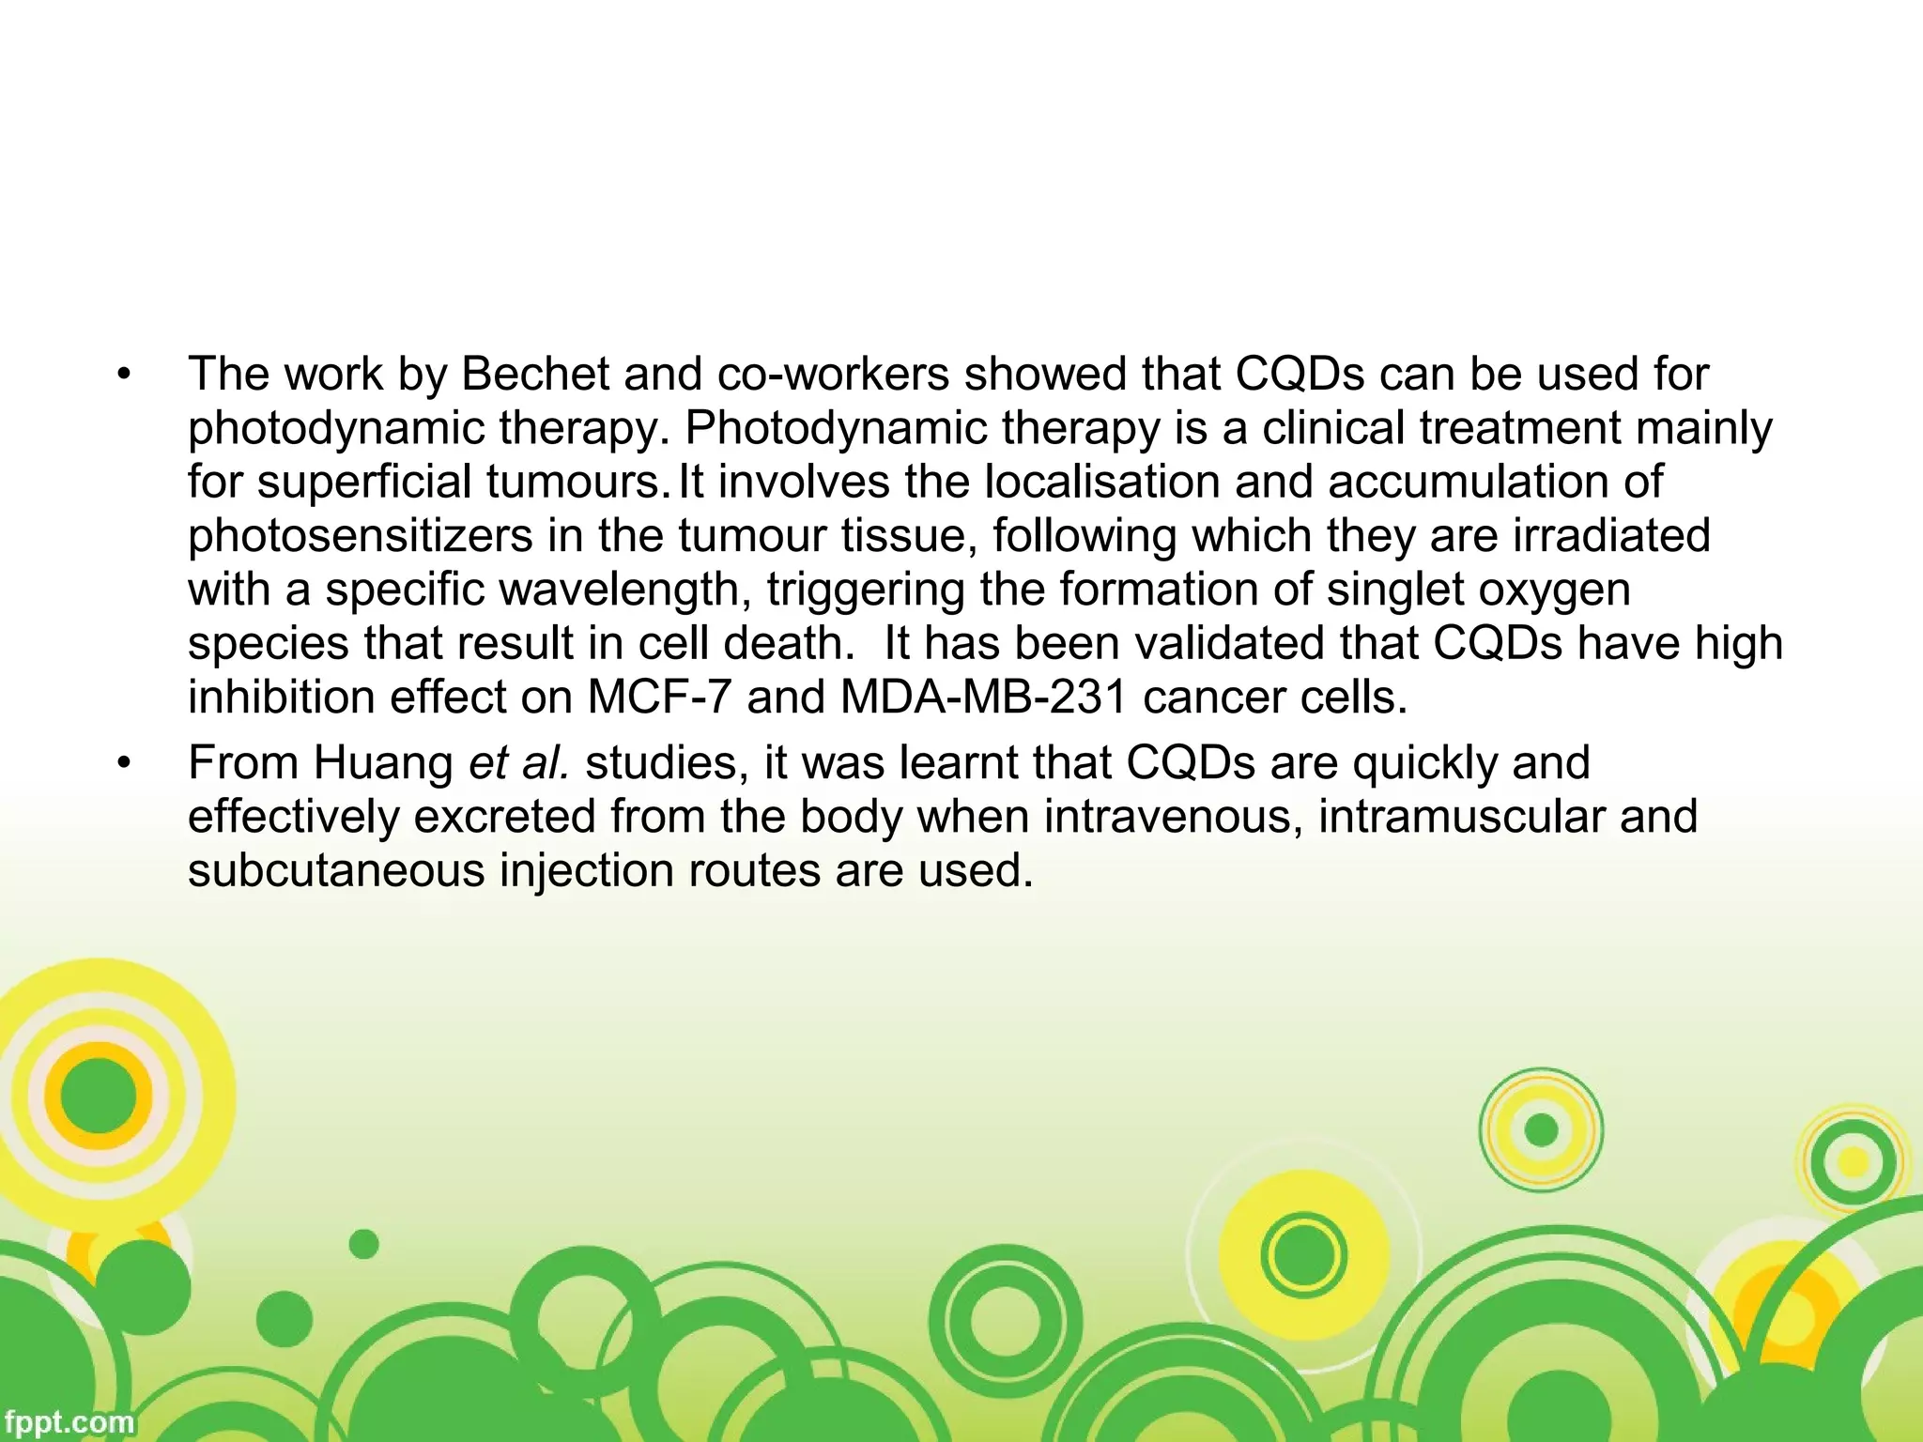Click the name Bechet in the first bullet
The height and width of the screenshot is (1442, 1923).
(x=534, y=375)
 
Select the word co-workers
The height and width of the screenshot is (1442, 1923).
(x=834, y=375)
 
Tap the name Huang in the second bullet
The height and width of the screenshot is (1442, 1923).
(x=383, y=763)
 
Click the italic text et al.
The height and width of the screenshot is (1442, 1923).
(x=519, y=763)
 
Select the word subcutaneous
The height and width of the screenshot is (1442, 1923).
(x=335, y=871)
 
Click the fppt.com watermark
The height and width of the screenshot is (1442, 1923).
(x=68, y=1422)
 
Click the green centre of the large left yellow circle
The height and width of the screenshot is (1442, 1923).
(x=99, y=1096)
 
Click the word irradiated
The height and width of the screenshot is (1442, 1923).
(x=1611, y=537)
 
